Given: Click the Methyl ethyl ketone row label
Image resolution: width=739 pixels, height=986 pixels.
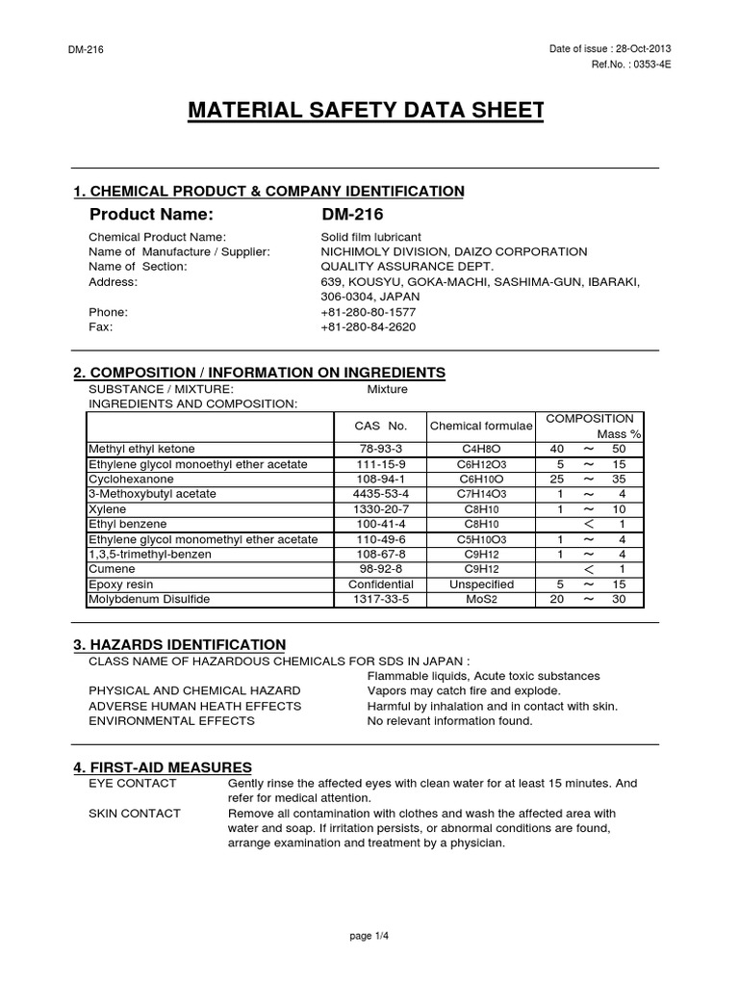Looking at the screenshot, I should [141, 450].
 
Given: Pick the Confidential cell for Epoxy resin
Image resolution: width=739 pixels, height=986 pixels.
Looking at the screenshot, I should [380, 584].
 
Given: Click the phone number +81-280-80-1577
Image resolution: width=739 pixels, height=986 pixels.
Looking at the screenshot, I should [369, 312].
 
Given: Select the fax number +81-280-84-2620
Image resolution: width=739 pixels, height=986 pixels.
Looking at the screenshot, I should [369, 327].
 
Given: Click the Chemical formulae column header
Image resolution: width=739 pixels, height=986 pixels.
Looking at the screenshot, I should [475, 426].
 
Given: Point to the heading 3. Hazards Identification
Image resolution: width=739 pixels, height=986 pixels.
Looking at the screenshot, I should [180, 644].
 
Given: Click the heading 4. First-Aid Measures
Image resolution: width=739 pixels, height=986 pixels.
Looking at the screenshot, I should [163, 766].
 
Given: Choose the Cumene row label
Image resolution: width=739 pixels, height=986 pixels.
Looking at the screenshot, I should [112, 569].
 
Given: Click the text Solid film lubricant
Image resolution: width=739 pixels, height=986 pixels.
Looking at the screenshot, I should [370, 237].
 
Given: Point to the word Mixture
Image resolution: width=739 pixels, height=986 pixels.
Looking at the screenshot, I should [388, 389].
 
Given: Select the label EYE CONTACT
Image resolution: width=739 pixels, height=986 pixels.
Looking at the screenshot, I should [132, 784].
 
